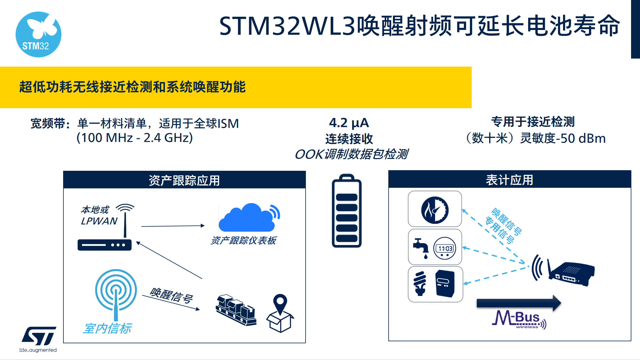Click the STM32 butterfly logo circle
coord(38,34)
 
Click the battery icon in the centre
coord(347,211)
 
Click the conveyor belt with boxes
coord(236,310)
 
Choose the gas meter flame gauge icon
coord(435,210)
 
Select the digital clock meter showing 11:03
coord(445,248)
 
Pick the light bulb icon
coord(420,283)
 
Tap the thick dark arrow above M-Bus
coord(519,303)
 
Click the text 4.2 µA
coord(349,123)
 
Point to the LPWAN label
coord(99,221)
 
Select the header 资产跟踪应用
coord(184,181)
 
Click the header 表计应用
coord(509,180)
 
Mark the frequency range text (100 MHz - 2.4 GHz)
coord(135,138)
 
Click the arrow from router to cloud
coord(173,226)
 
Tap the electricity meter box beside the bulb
coord(445,283)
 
